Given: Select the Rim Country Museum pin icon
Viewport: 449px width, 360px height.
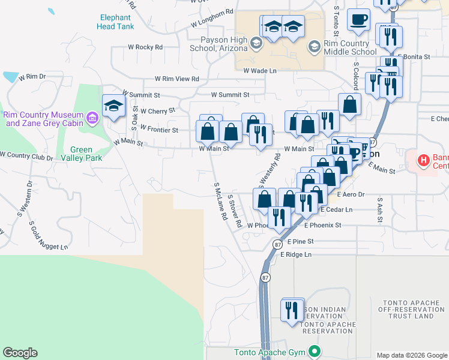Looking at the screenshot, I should [x=92, y=118].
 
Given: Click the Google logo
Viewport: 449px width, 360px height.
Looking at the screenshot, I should [x=20, y=353].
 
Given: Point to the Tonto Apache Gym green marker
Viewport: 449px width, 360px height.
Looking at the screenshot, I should [x=313, y=352].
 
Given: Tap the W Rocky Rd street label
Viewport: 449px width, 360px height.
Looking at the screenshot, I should [x=145, y=47].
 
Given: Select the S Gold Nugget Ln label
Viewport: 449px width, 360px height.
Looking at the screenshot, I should [x=49, y=235].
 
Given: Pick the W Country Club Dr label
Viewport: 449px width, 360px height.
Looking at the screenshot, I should [x=26, y=155].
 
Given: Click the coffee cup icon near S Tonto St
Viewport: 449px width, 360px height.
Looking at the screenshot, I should [x=360, y=19].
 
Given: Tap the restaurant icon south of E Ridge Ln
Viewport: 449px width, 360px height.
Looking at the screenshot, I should [x=292, y=310].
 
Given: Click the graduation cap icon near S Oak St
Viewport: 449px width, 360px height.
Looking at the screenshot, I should [x=113, y=106].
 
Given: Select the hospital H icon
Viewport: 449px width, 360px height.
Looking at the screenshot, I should [x=424, y=160].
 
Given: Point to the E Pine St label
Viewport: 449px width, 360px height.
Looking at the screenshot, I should [x=300, y=241].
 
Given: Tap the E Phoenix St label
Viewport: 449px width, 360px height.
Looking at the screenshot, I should [x=322, y=226].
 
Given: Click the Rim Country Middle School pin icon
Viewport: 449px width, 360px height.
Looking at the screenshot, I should [x=313, y=46].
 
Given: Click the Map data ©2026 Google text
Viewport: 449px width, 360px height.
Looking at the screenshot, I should [x=411, y=355].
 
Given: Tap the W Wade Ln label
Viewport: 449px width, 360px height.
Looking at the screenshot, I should [x=259, y=71].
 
